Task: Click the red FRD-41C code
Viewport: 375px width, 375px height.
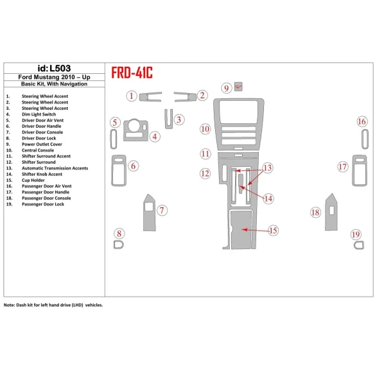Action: [132, 73]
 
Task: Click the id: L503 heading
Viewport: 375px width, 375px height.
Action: [55, 69]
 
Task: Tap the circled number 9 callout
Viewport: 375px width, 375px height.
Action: [226, 88]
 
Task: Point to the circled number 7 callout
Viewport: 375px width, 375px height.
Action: [162, 210]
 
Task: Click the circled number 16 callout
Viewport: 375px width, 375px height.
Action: [362, 122]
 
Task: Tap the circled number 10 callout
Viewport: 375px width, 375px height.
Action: [205, 129]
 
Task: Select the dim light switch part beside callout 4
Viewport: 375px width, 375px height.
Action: [135, 128]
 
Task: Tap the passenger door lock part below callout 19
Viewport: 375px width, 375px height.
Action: [356, 245]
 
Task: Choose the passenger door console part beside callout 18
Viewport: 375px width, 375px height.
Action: [332, 210]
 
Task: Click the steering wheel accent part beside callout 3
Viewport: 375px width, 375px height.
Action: [169, 119]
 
